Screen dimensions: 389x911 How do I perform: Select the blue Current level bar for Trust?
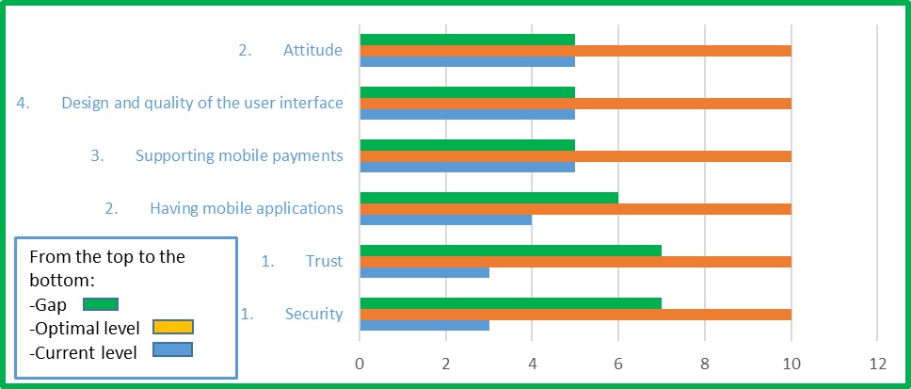coord(424,272)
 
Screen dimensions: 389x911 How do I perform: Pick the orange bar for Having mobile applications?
coord(575,208)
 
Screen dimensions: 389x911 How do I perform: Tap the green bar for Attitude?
coord(467,41)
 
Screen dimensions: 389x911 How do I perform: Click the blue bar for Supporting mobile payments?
coord(467,167)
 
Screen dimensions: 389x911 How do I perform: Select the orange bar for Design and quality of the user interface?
coord(575,104)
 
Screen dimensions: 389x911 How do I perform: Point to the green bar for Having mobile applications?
coord(488,198)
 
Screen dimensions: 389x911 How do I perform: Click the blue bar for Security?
coord(424,325)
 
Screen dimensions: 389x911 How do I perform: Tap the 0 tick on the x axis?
coord(360,365)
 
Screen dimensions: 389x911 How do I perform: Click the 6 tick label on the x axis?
coord(618,365)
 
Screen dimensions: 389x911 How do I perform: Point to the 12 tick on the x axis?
coord(877,365)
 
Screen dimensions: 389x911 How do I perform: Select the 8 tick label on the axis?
coord(705,365)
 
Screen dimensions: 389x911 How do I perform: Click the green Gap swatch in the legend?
coord(100,303)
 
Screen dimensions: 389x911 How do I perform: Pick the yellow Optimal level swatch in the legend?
coord(172,327)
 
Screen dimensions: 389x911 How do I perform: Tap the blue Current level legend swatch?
coord(172,350)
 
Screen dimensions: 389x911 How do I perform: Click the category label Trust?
coord(324,261)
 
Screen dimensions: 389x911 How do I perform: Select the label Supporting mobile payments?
coord(239,155)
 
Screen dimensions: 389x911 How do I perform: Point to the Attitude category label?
coord(312,50)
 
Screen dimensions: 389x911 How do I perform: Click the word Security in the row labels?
coord(313,314)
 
